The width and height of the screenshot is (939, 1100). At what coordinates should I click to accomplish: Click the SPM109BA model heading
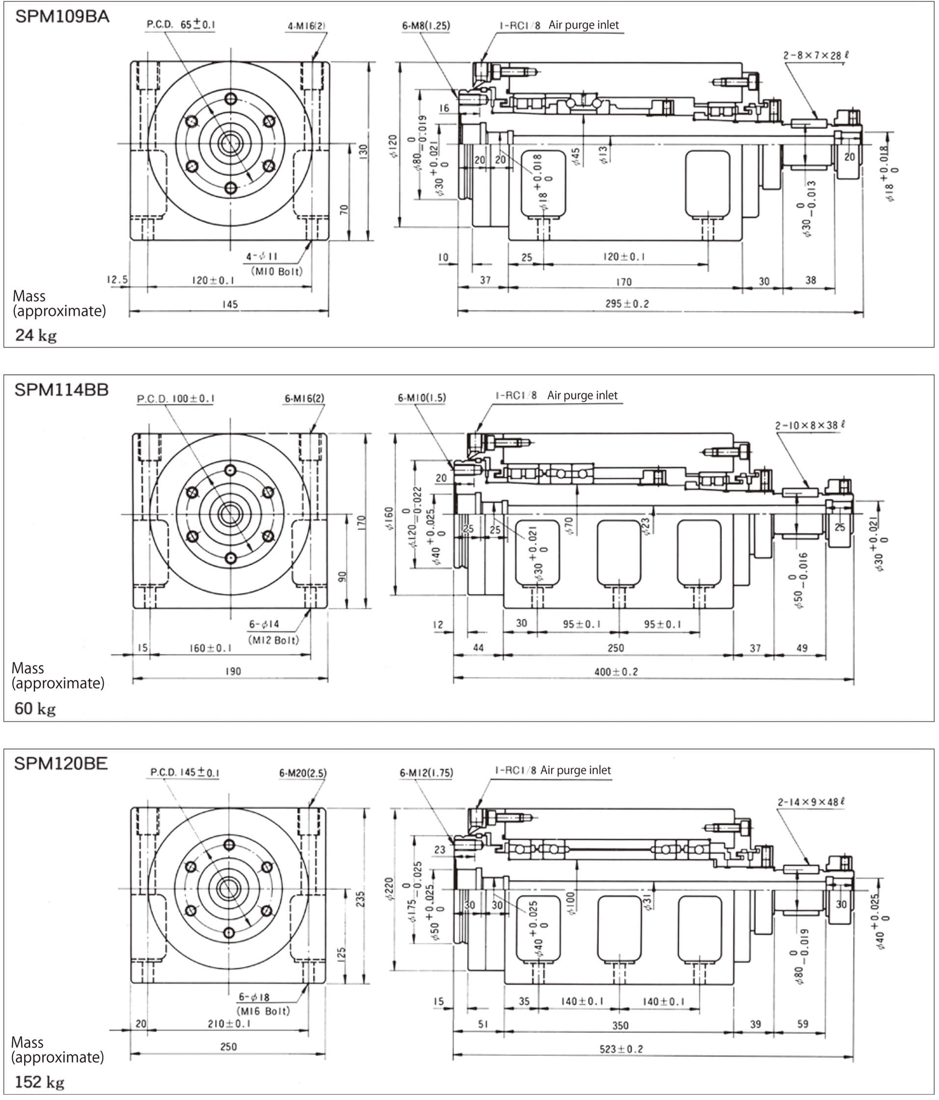click(62, 17)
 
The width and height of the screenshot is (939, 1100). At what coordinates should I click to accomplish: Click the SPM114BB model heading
click(61, 390)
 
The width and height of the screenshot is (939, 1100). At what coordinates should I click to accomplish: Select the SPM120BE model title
click(60, 763)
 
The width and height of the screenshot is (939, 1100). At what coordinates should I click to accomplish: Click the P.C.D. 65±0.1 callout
click(181, 25)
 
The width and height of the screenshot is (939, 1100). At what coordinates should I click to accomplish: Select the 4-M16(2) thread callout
click(306, 26)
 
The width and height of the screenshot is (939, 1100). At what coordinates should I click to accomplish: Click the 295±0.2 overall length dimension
click(627, 304)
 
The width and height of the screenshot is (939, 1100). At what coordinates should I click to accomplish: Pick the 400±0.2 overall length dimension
click(616, 671)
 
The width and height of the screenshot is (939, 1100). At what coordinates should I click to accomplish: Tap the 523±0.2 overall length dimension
click(621, 1049)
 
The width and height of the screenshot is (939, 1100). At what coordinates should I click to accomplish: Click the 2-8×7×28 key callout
click(816, 55)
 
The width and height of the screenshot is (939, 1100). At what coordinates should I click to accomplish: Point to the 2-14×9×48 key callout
click(811, 802)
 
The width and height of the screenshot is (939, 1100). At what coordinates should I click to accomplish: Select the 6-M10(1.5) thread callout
click(422, 398)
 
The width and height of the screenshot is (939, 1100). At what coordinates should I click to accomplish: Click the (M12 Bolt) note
click(273, 640)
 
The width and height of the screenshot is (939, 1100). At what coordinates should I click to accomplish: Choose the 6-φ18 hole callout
click(254, 997)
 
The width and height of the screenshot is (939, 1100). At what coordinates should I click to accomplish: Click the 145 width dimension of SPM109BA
click(230, 304)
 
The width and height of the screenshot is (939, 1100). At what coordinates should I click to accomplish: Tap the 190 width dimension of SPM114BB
click(233, 671)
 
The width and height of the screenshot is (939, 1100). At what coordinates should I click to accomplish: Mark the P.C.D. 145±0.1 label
click(185, 772)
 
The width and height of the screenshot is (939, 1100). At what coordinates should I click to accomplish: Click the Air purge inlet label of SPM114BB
click(582, 395)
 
